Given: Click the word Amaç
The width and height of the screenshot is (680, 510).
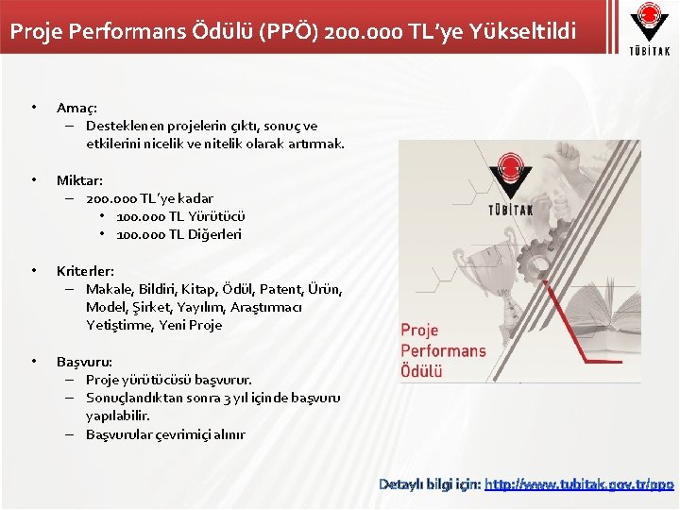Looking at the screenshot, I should coord(75,108).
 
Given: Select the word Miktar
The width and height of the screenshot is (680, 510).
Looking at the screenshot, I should coord(78,179).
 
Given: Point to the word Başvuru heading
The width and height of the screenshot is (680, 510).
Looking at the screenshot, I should coord(84,361).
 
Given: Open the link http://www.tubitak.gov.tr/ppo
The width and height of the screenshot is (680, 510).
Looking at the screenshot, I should coord(580,484).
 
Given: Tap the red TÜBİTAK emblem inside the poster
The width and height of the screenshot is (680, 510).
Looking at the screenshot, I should coord(511,174).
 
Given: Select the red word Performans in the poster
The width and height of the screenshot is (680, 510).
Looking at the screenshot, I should coord(443,350).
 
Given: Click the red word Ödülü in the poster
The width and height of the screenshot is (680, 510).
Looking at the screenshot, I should coord(421,370).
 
